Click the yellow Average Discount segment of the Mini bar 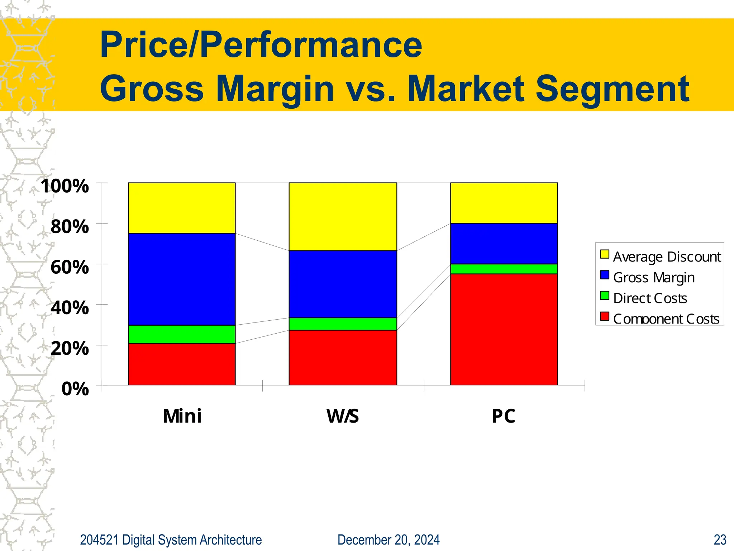click(x=182, y=208)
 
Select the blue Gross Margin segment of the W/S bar click(x=343, y=284)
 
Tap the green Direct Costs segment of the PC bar click(x=504, y=269)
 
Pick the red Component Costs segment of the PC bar click(x=504, y=329)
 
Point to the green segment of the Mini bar click(x=182, y=334)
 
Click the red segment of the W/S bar click(x=343, y=357)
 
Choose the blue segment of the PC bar click(x=504, y=244)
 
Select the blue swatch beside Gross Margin click(x=605, y=275)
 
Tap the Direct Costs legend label click(x=650, y=298)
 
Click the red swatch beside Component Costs click(x=605, y=316)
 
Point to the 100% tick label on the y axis click(x=65, y=186)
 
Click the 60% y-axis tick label click(x=70, y=267)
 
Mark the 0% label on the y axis click(x=75, y=389)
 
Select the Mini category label click(x=182, y=416)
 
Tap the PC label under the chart click(x=503, y=416)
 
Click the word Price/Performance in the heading click(x=261, y=45)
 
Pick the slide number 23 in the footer click(x=720, y=540)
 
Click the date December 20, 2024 click(x=389, y=540)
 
